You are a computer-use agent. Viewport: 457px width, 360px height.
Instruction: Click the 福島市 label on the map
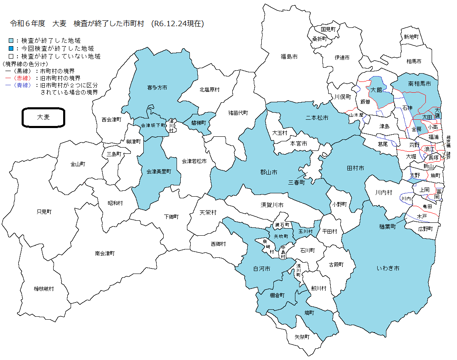coord(289,56)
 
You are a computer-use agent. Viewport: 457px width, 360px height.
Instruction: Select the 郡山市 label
coord(268,172)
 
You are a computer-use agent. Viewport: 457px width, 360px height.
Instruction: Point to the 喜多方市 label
coord(157,88)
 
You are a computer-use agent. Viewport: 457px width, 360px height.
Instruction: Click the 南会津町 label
coord(104,253)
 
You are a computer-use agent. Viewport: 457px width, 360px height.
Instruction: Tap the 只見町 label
coord(44,212)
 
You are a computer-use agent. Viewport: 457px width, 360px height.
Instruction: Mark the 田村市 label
coord(355,168)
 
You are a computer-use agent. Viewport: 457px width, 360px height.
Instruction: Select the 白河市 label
coord(262,269)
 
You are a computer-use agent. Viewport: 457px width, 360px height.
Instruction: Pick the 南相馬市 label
coord(420,84)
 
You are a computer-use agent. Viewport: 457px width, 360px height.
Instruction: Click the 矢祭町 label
coord(302,337)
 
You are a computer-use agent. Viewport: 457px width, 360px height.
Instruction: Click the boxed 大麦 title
coord(43,118)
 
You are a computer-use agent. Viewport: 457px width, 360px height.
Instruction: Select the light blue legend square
coord(11,41)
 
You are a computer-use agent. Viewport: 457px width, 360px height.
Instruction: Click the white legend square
coord(11,56)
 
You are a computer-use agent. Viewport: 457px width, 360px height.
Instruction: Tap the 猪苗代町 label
coord(238,113)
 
